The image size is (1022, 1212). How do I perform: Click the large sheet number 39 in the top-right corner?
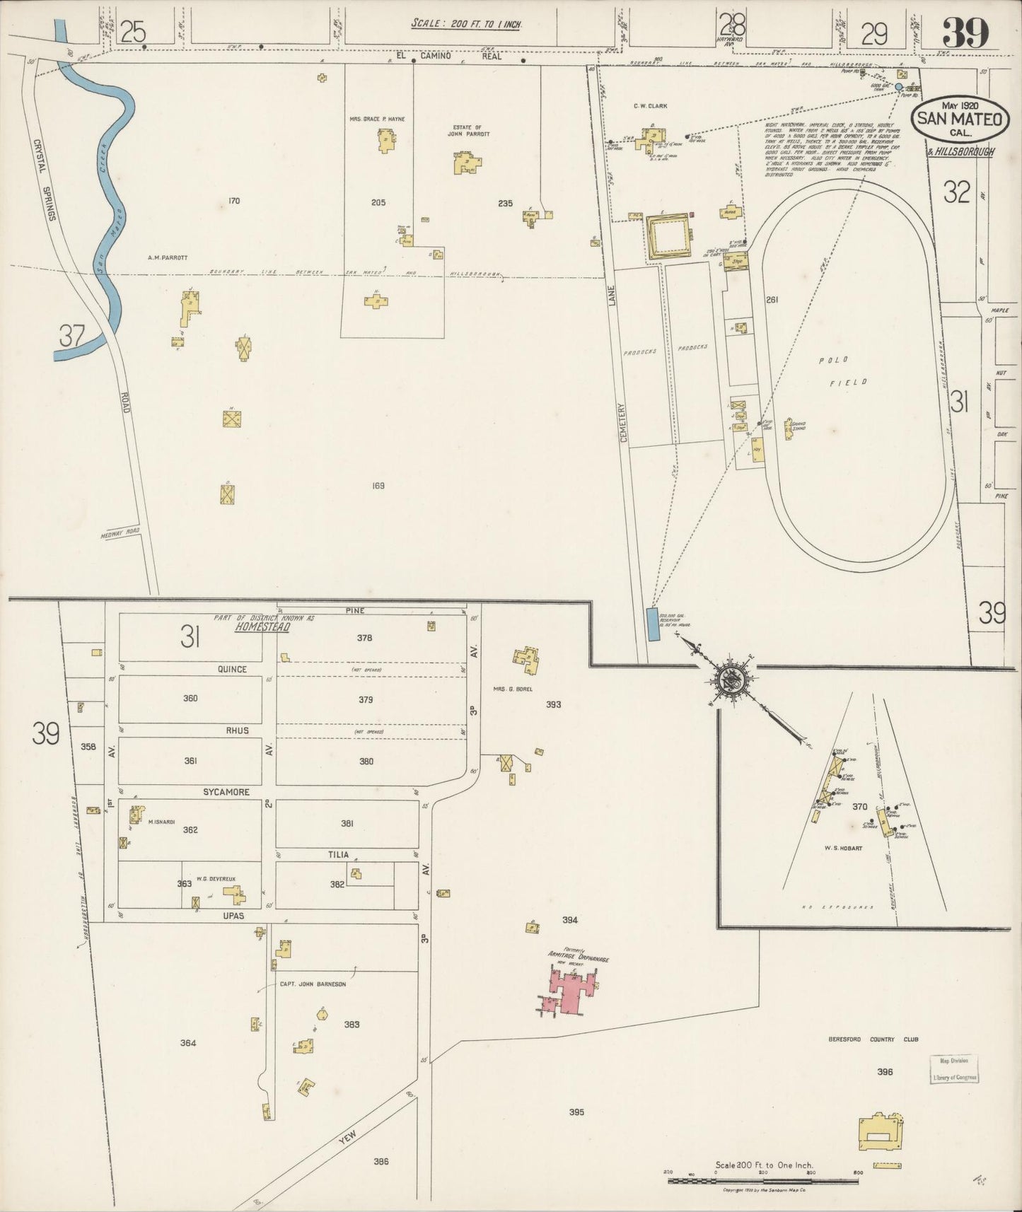click(x=965, y=33)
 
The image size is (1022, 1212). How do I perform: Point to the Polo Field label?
click(x=842, y=371)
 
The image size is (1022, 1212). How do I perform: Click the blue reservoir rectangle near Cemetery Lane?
click(x=654, y=624)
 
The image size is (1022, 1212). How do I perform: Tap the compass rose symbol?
click(x=729, y=681)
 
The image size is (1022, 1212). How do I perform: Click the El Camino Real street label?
click(x=449, y=56)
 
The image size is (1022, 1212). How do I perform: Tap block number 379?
click(x=366, y=699)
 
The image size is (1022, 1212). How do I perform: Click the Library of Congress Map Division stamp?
click(x=955, y=1069)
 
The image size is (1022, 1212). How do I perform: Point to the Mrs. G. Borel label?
click(x=513, y=688)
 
